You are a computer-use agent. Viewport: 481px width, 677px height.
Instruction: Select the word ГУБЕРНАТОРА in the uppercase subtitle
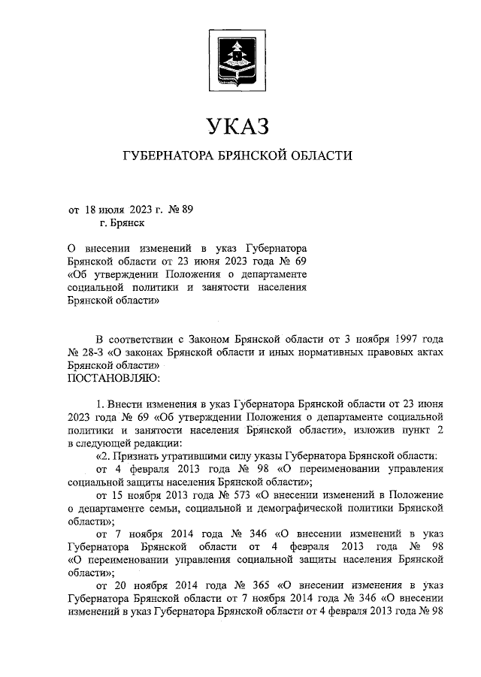pos(168,156)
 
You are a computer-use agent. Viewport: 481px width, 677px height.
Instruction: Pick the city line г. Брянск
pos(121,223)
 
